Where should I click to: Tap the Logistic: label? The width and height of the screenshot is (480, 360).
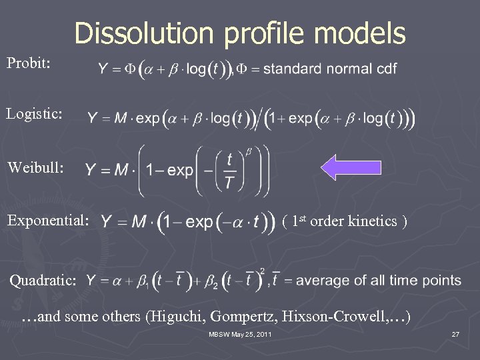[35, 114]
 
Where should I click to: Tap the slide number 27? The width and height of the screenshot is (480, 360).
[455, 334]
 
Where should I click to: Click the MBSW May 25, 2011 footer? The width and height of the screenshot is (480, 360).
[241, 334]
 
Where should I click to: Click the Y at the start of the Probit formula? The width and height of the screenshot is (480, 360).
[103, 68]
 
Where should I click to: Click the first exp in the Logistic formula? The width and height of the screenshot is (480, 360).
[147, 119]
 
